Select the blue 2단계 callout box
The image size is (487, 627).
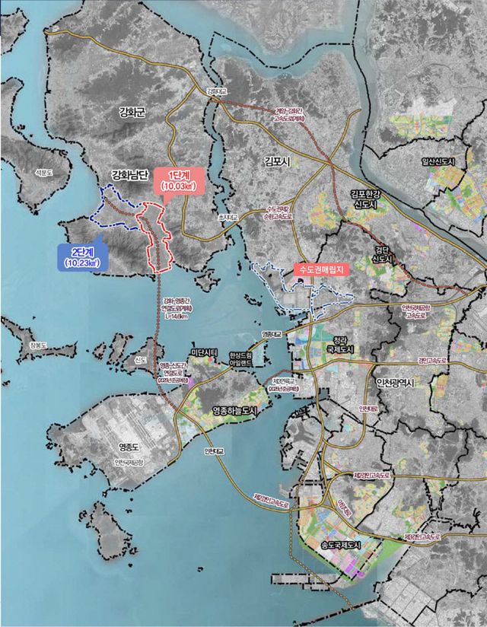81,256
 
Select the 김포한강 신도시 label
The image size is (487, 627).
370,199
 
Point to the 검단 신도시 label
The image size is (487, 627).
380,255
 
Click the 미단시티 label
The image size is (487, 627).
205,352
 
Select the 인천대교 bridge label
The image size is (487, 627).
212,450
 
